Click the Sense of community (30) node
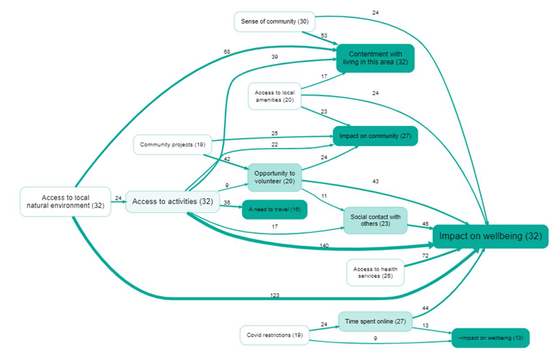point(275,21)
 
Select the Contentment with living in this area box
point(375,58)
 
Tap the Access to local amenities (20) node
point(275,96)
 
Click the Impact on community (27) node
point(375,136)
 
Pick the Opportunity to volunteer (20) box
point(275,177)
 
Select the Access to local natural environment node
point(65,202)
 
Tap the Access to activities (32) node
point(172,202)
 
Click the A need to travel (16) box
point(275,209)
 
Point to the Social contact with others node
point(375,220)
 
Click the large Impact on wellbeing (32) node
point(490,237)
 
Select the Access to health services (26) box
point(375,273)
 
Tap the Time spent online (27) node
point(375,322)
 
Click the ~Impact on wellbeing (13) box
point(490,338)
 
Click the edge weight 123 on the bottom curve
point(274,295)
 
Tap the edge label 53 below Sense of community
point(323,35)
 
